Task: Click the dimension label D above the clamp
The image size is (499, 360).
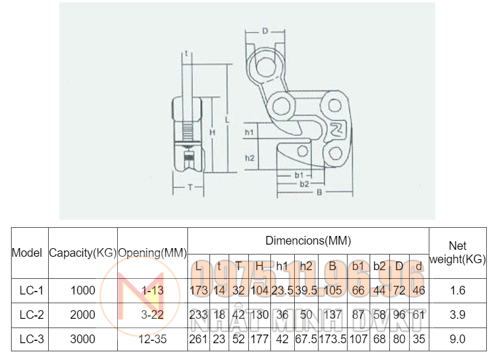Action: [x=265, y=30]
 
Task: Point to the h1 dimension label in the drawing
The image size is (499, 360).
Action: [x=249, y=133]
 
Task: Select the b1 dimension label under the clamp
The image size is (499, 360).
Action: [x=299, y=174]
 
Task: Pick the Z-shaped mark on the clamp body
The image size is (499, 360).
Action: [x=336, y=128]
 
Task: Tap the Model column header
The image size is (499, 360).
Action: [x=27, y=253]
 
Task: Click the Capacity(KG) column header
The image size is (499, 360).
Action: [x=83, y=253]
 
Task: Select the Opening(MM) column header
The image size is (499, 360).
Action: [x=153, y=253]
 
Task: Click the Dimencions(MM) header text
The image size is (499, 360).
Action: [x=308, y=240]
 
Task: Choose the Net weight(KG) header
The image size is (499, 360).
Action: [x=458, y=253]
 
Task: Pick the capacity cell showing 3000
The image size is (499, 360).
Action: [x=83, y=339]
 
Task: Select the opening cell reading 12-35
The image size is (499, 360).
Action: [x=153, y=339]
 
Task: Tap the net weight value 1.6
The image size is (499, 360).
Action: [x=458, y=290]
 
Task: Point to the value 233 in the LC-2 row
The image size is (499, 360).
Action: [x=199, y=315]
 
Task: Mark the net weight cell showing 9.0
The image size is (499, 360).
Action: [x=458, y=339]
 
